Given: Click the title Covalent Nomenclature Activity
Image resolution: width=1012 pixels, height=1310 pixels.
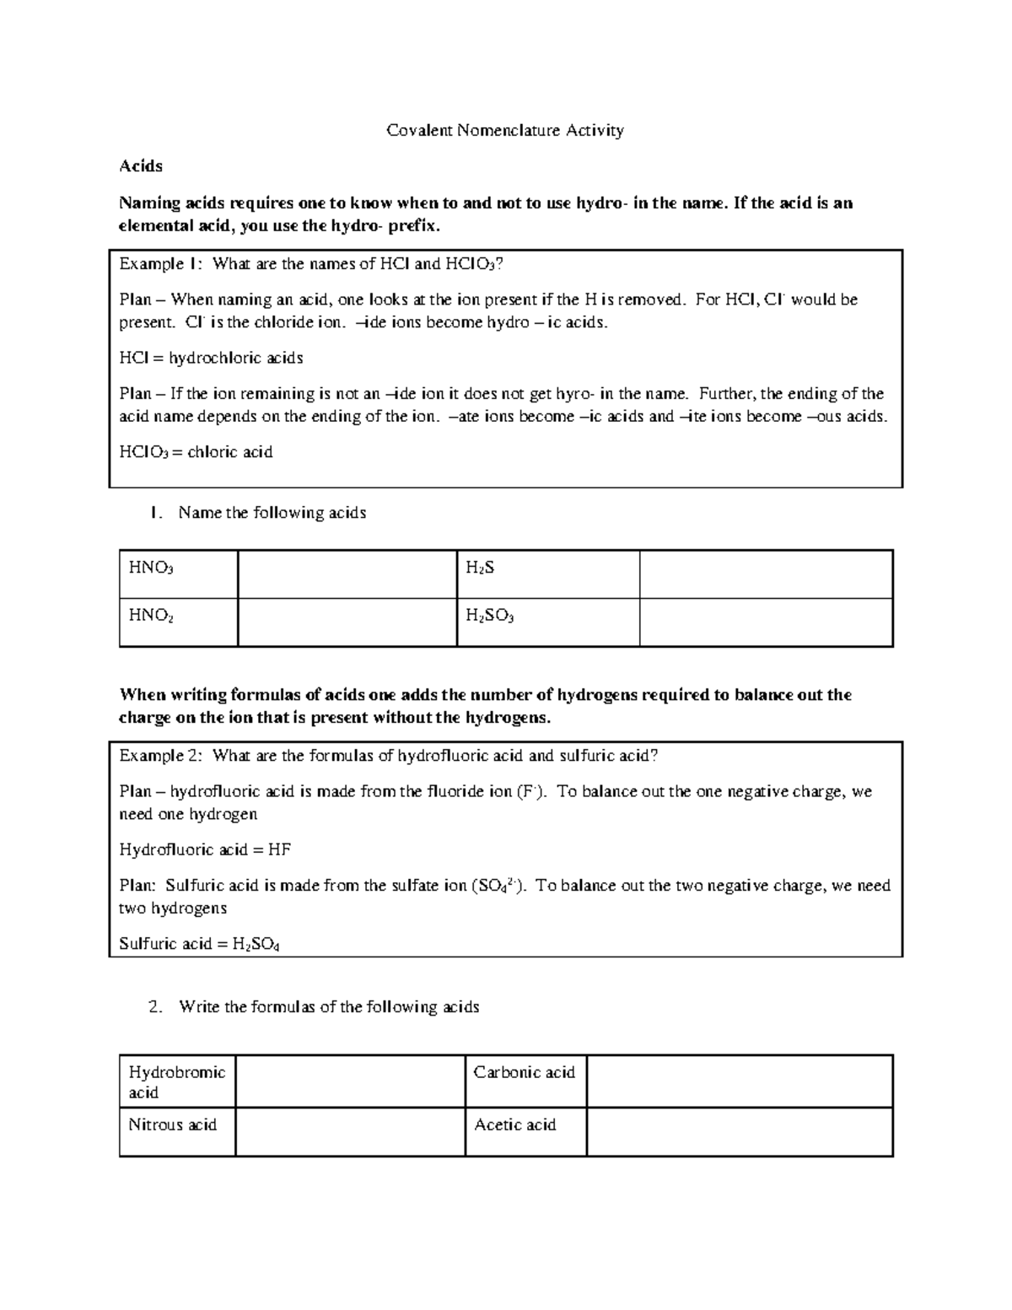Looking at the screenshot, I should [504, 131].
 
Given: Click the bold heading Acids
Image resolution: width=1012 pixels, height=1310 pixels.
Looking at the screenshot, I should [141, 166].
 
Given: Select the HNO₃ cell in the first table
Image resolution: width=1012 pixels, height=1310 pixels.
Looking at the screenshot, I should [178, 574].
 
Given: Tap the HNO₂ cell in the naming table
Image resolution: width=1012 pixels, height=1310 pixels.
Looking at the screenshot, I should [178, 623].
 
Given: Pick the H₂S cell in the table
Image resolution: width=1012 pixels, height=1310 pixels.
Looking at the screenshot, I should [547, 574].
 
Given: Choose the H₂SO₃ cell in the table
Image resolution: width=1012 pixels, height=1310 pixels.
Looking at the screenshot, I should [547, 623].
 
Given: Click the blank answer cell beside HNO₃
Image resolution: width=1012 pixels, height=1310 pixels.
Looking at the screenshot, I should [347, 574].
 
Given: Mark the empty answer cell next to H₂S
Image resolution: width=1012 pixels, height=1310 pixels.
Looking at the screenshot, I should [765, 574].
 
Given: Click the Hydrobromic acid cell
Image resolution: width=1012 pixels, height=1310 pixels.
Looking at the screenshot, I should [177, 1081].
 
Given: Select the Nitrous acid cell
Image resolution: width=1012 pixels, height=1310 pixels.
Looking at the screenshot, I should [177, 1131].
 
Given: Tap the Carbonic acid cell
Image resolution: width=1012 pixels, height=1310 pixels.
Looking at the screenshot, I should [525, 1081].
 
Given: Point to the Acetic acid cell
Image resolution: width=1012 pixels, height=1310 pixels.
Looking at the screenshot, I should [525, 1131].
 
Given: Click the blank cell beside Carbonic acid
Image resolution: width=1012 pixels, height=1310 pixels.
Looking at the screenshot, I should [739, 1081].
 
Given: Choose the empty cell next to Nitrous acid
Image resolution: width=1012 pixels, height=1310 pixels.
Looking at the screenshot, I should [350, 1131].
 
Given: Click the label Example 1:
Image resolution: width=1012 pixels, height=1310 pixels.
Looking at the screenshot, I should [160, 264].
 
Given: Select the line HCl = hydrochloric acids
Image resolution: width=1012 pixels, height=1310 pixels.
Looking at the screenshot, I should [211, 358].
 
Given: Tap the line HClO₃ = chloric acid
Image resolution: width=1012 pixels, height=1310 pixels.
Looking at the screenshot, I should [196, 452].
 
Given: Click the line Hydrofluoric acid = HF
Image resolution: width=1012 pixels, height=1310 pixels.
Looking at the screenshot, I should [205, 849].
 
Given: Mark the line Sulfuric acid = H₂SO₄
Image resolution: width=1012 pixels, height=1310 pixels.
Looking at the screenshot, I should [199, 944].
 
